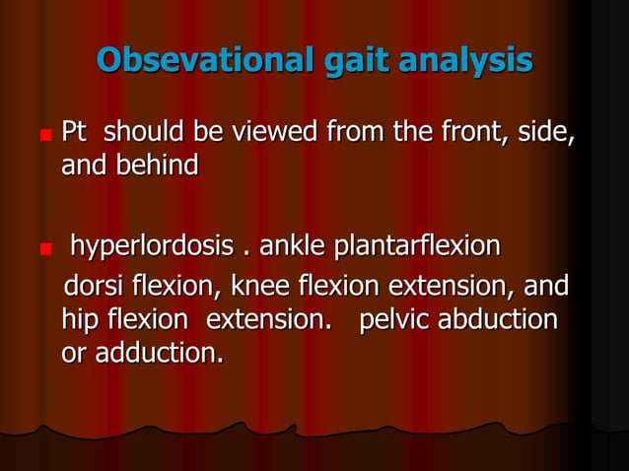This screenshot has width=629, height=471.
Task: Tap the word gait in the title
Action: (x=362, y=61)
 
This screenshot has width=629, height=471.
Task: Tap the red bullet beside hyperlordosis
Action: (x=45, y=246)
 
